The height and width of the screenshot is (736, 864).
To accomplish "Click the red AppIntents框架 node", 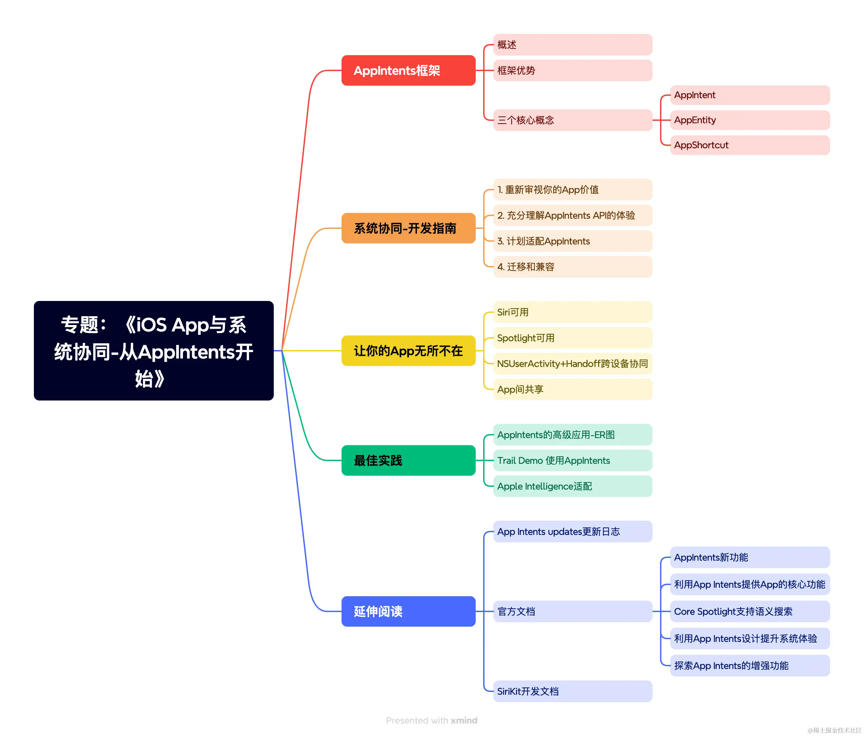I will pos(408,70).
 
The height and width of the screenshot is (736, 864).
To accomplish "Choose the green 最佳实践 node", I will pos(408,460).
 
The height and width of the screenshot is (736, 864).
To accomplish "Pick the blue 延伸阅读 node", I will pos(408,611).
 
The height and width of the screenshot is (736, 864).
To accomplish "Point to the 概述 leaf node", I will pos(572,45).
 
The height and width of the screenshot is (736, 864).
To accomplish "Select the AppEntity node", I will pos(749,120).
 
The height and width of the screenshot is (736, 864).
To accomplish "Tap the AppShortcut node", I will pos(749,145).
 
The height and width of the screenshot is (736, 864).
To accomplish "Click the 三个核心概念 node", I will pos(572,120).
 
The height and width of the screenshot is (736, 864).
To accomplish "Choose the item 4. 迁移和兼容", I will pos(572,267).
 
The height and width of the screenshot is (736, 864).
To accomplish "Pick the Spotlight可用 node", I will pos(572,338).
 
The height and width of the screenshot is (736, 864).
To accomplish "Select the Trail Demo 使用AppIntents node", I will pos(572,460).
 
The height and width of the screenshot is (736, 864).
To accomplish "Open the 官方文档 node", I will pos(572,611).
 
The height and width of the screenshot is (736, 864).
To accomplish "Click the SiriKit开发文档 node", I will pos(572,691).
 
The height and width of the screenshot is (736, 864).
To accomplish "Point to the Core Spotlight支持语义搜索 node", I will pos(749,611).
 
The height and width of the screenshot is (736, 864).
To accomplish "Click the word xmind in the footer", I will pos(464,720).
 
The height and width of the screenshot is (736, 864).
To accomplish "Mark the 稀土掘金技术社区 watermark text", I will pos(835,730).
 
